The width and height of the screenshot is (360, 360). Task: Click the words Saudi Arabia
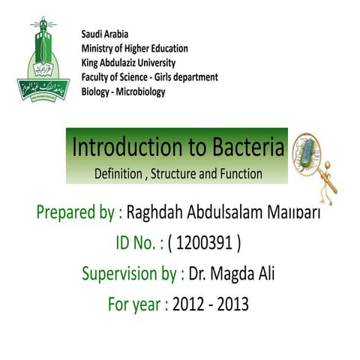[104, 34]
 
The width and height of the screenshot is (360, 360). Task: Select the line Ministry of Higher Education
[134, 49]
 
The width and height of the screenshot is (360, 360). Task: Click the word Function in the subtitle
[239, 174]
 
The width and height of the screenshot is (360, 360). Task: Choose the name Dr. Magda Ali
[232, 274]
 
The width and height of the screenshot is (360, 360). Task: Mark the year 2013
[232, 304]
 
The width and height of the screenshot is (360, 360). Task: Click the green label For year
[128, 304]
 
